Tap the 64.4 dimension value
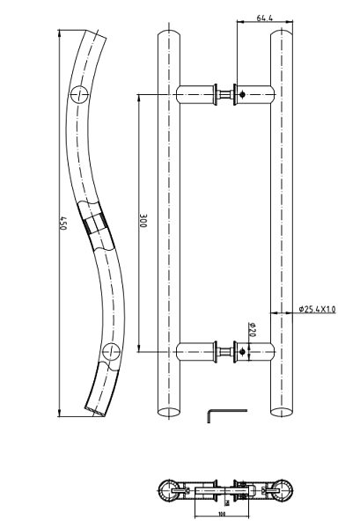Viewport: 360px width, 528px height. coord(264,17)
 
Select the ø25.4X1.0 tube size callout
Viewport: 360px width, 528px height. coord(318,309)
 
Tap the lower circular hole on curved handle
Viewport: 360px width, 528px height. coord(109,353)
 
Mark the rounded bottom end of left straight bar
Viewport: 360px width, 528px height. coord(166,411)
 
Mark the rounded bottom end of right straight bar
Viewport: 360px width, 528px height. coord(280,411)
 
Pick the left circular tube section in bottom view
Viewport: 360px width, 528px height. coord(168,491)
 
